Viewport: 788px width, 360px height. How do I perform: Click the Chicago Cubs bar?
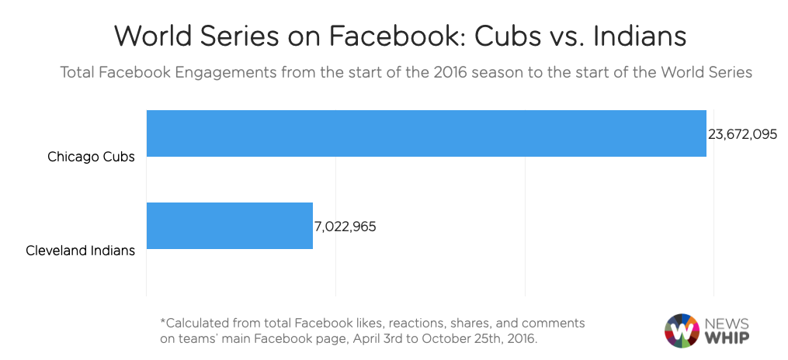coord(425,133)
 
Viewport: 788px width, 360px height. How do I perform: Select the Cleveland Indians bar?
coord(229,226)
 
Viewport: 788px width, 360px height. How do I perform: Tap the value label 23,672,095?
coord(742,133)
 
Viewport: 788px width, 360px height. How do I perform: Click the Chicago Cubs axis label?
coord(91,157)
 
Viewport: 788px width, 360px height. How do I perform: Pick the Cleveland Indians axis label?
coord(80,250)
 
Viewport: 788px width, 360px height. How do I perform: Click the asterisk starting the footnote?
coord(162,321)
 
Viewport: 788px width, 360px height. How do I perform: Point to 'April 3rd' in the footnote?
coord(378,339)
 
